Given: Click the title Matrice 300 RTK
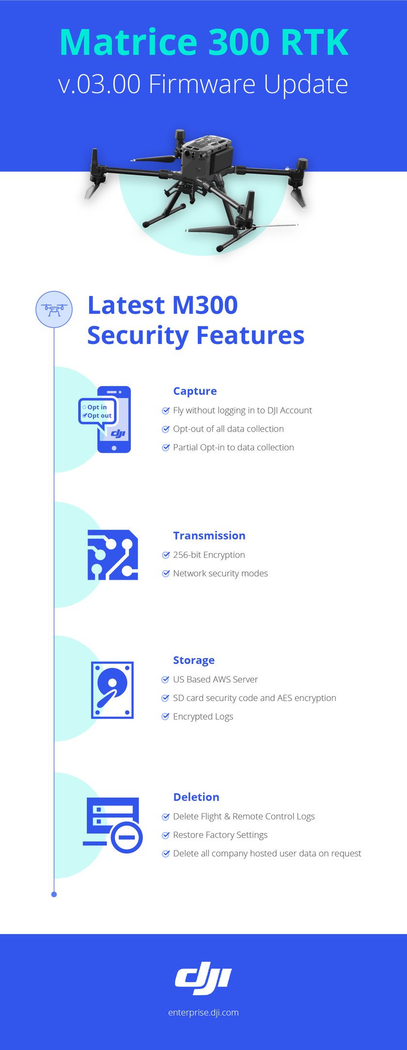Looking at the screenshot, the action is click(204, 42).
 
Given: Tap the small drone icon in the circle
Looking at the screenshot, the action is click(54, 309).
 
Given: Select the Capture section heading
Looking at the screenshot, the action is click(195, 391).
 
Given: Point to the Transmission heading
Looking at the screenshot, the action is click(209, 536).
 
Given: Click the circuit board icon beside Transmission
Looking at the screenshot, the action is click(113, 555).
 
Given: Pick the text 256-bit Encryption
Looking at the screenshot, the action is click(209, 555).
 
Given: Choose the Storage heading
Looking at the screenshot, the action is click(194, 660).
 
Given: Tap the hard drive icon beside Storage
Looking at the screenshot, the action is click(112, 690).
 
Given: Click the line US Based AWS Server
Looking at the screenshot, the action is click(215, 679).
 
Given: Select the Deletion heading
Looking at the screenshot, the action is click(196, 797).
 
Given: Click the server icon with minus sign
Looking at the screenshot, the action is click(113, 825).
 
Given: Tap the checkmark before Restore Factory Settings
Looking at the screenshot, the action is click(166, 835).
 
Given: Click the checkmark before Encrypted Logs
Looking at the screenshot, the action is click(166, 716).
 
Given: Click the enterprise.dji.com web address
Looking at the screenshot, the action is click(203, 1012).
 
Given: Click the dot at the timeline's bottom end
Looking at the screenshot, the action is click(54, 894).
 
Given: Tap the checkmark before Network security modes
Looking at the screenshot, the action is click(166, 573).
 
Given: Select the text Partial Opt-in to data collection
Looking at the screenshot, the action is click(234, 448).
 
